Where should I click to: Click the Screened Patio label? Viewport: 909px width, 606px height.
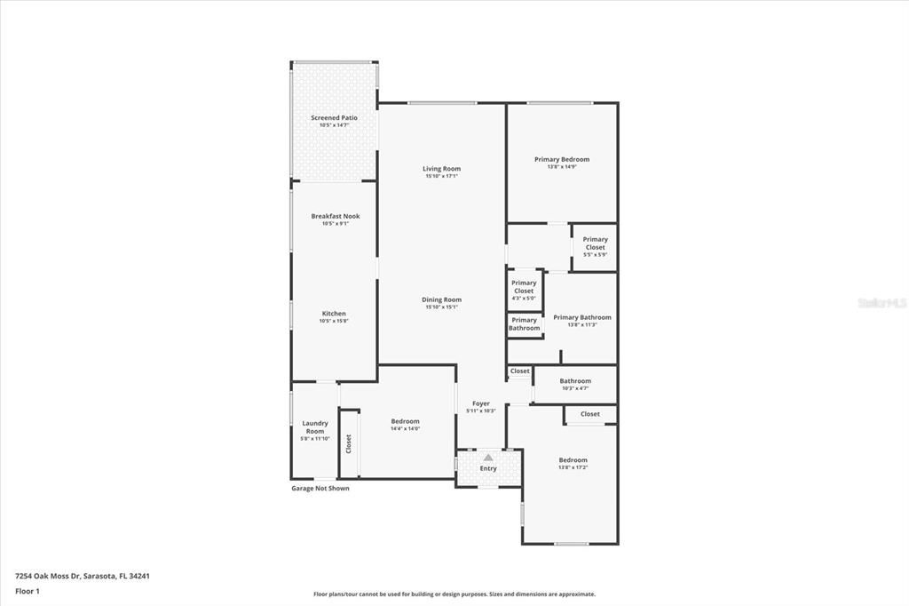334,118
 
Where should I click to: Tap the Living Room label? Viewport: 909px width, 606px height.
441,169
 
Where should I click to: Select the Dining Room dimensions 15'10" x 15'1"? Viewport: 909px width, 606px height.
441,307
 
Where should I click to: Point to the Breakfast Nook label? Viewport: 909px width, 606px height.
335,216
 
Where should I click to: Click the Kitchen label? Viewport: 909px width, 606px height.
334,314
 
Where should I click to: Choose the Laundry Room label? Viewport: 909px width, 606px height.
315,427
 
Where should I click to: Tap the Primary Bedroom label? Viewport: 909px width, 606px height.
561,160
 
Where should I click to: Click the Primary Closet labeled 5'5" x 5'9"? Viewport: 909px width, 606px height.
595,243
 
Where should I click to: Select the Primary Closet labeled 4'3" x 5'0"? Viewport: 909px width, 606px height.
524,287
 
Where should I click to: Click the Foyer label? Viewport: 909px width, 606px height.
480,403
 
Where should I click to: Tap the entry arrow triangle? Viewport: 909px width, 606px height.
487,458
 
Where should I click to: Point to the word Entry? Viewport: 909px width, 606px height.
488,468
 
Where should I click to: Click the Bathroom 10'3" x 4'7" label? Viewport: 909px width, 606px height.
575,381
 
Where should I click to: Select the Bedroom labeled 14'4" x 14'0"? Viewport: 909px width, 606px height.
405,421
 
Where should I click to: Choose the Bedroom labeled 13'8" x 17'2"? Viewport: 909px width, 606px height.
573,460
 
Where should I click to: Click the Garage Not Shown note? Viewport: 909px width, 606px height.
320,488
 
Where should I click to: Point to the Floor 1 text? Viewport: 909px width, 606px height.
27,590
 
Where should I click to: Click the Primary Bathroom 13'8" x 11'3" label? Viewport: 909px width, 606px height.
581,317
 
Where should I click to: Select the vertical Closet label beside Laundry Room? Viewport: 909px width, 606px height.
349,443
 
